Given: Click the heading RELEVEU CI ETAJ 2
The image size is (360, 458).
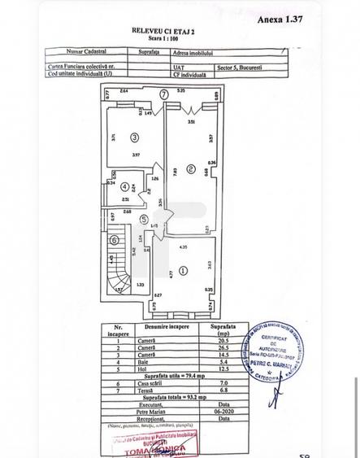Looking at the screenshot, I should point(170,28).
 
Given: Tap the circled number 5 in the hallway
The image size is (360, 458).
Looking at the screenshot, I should point(143,219).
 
